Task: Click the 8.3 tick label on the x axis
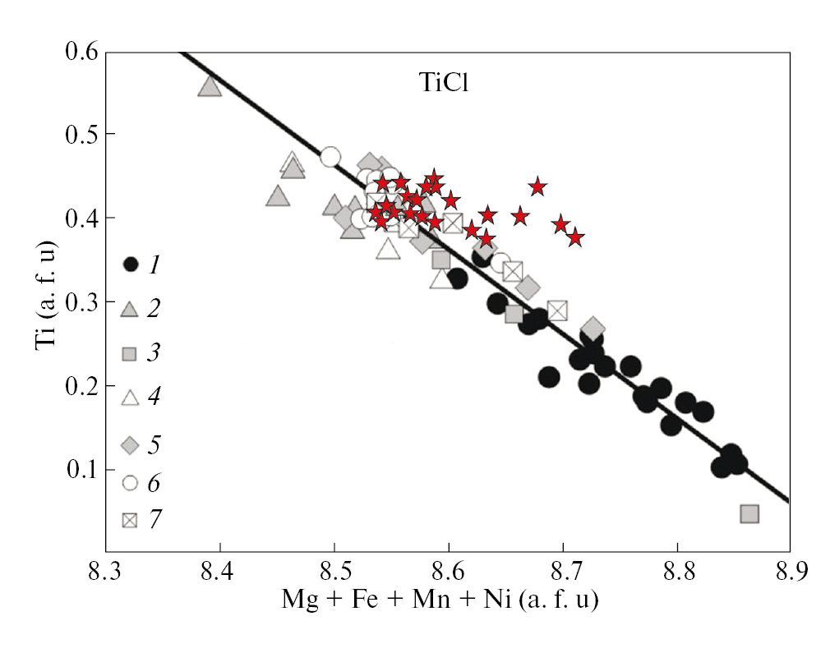click(x=105, y=568)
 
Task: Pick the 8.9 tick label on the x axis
click(x=790, y=568)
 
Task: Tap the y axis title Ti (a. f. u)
click(x=46, y=300)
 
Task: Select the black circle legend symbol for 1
click(x=130, y=264)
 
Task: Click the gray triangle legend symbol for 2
click(x=130, y=309)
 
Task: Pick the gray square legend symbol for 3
click(x=130, y=354)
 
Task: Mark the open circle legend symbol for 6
click(x=130, y=484)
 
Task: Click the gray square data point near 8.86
click(x=749, y=514)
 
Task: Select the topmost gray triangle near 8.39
click(x=210, y=86)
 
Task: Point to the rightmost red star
click(x=575, y=237)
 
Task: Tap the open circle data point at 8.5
click(x=330, y=157)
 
